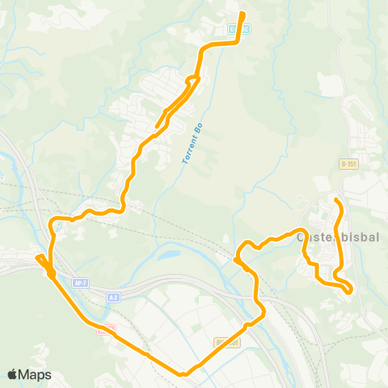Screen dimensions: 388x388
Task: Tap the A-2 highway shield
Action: pos(113,297)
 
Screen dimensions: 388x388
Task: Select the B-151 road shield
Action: pos(348,164)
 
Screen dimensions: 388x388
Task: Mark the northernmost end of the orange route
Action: pos(242,14)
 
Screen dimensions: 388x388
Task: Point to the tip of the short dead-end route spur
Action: pos(156,127)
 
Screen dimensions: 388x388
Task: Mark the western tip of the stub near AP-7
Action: pos(36,259)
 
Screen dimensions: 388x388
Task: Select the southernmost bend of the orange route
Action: pos(184,373)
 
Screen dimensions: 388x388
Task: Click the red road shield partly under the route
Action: pos(105,328)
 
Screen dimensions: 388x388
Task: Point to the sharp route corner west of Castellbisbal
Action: pos(235,260)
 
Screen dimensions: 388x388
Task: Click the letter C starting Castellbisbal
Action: pos(302,238)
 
